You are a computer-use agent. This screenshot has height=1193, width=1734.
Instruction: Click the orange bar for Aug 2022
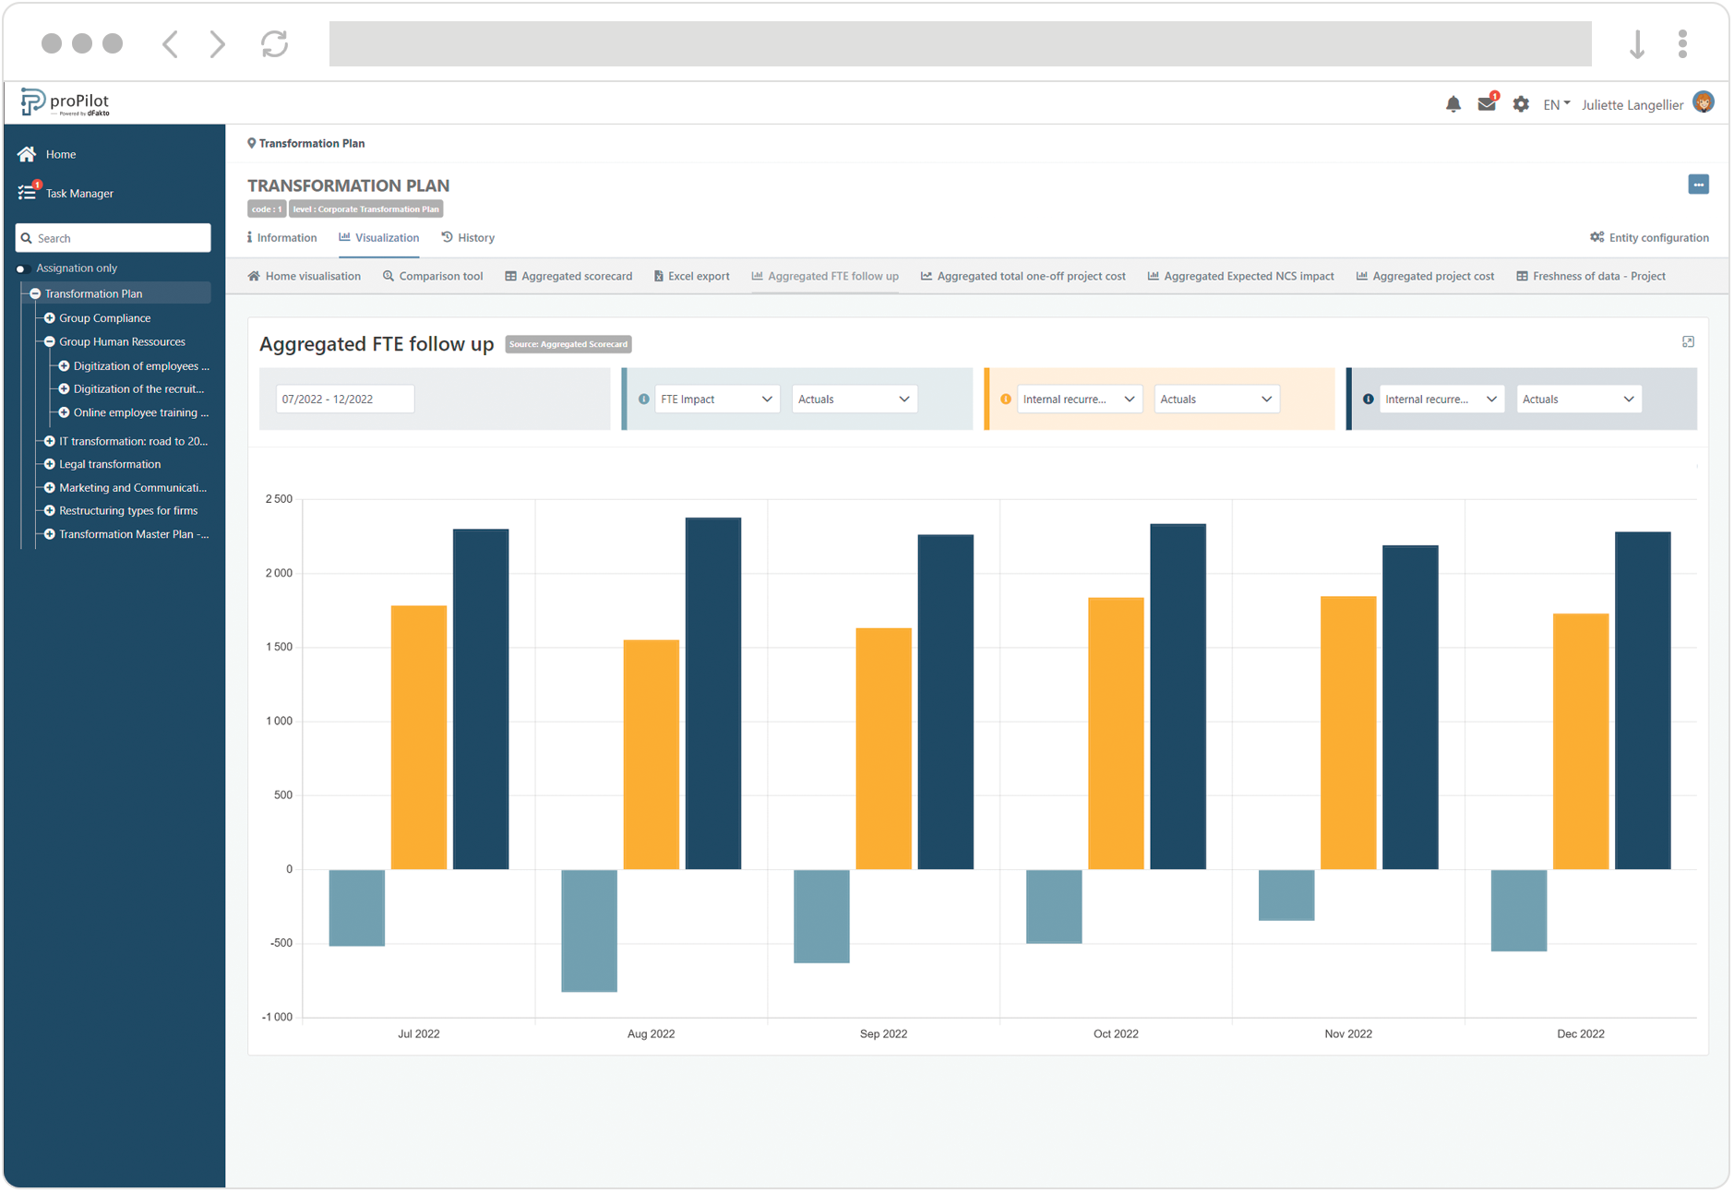(651, 754)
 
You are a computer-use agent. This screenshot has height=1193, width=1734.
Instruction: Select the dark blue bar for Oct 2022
(1178, 697)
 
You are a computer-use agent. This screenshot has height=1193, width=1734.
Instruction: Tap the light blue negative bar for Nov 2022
(1286, 894)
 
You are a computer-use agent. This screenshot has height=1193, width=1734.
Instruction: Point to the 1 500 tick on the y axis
(279, 647)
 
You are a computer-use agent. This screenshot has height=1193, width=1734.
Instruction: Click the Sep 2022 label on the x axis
(883, 1033)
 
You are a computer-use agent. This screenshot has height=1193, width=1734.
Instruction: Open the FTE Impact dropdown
(715, 399)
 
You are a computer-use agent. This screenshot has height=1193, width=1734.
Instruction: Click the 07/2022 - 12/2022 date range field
(344, 399)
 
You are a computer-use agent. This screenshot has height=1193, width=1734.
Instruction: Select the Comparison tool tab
(433, 276)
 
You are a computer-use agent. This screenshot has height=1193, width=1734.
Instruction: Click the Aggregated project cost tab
(1425, 276)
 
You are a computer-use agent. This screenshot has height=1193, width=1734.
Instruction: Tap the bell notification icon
(1453, 104)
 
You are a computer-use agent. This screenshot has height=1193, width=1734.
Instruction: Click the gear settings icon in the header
(1521, 104)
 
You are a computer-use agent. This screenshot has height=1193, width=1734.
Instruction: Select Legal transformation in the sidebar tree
(110, 464)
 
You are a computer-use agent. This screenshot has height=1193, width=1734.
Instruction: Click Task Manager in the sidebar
(79, 193)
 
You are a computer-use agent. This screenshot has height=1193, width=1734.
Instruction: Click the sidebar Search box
(114, 238)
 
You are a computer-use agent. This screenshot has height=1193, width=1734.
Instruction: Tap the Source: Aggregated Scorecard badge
(568, 344)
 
